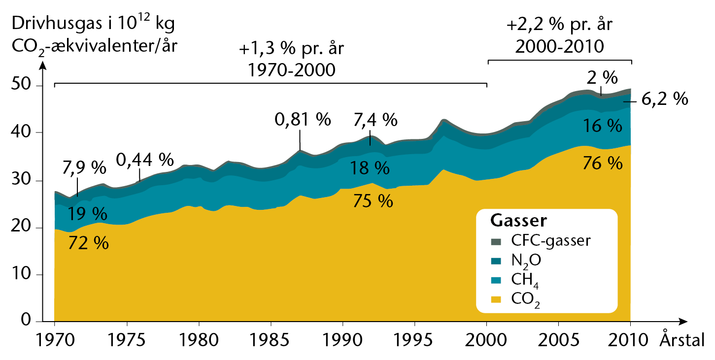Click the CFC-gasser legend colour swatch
click(496, 242)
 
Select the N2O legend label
click(526, 262)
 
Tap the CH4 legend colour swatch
click(496, 280)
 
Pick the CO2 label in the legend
click(525, 300)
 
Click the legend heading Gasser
click(518, 221)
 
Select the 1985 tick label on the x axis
click(269, 340)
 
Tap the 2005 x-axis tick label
click(558, 340)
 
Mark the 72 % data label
click(88, 243)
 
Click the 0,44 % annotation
click(145, 160)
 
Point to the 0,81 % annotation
click(303, 120)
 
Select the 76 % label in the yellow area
click(603, 163)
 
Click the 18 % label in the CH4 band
click(370, 168)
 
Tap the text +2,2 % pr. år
click(560, 24)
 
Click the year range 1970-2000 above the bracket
click(292, 70)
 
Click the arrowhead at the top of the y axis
click(43, 65)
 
